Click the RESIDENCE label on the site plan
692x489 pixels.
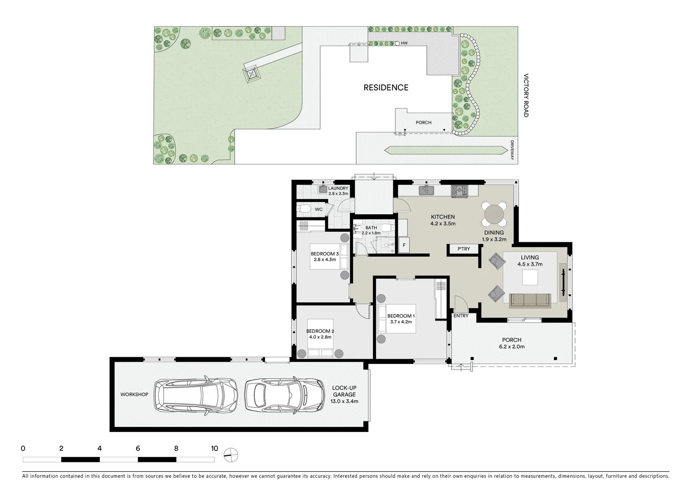(386, 87)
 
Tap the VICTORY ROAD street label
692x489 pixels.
(526, 96)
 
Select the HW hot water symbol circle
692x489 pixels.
(397, 43)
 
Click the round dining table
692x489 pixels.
(494, 213)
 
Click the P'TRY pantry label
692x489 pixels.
(463, 249)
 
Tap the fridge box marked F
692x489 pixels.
(404, 246)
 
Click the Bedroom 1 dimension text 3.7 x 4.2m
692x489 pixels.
(401, 322)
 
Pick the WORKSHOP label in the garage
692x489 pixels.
(134, 394)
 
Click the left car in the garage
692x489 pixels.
(196, 394)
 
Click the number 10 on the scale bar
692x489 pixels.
(214, 449)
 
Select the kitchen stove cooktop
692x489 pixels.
(459, 191)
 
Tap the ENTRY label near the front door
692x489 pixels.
(461, 316)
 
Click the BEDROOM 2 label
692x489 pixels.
(320, 331)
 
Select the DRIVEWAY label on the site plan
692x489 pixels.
(512, 149)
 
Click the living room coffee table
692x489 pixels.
(530, 278)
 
